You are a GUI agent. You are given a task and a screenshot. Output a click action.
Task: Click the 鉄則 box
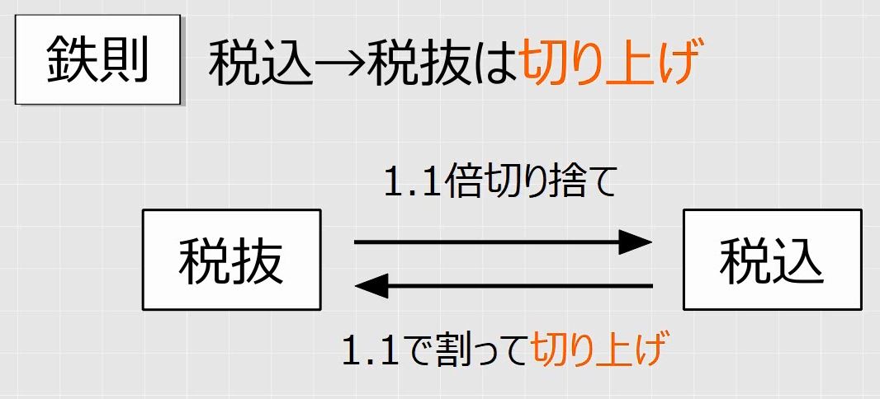97,59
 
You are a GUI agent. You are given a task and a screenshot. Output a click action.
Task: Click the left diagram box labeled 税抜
231,260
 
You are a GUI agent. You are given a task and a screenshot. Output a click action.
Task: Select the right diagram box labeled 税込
772,260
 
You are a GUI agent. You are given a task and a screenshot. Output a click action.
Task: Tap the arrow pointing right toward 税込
503,242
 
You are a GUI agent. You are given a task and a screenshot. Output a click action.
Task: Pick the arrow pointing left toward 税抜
504,286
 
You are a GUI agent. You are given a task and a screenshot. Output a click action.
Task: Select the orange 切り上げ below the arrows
598,350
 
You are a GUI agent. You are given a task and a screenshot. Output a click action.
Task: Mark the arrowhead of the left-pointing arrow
371,286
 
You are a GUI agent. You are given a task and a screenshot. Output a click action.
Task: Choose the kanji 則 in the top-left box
124,60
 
